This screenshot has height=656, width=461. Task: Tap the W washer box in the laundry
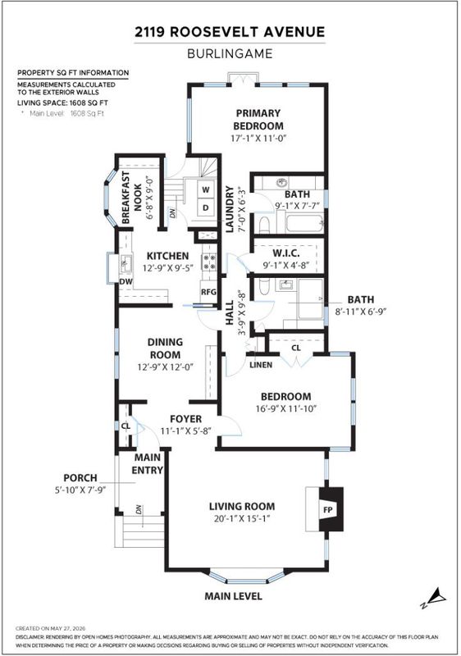tap(206, 189)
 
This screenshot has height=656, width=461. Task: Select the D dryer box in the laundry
tap(206, 207)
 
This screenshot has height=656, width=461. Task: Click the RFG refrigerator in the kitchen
tap(208, 292)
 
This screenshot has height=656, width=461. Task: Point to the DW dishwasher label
tap(126, 281)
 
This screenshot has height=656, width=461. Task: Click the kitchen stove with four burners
tap(209, 262)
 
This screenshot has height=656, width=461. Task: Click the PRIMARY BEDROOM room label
tap(258, 119)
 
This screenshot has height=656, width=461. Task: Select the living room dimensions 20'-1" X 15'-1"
tap(241, 519)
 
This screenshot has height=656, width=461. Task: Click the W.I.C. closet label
tap(286, 253)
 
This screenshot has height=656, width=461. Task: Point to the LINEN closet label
tap(261, 365)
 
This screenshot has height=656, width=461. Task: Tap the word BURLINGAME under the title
tap(230, 53)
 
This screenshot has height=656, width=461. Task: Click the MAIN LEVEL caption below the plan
tap(233, 596)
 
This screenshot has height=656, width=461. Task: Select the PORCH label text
tap(80, 477)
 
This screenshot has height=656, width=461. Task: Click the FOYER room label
tap(185, 419)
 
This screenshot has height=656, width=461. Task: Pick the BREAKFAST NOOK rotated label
tap(131, 197)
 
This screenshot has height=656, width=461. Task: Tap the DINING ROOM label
tap(165, 348)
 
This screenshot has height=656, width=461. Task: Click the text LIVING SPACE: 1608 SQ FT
tap(62, 103)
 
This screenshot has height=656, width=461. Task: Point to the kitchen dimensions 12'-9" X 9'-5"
tap(168, 268)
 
